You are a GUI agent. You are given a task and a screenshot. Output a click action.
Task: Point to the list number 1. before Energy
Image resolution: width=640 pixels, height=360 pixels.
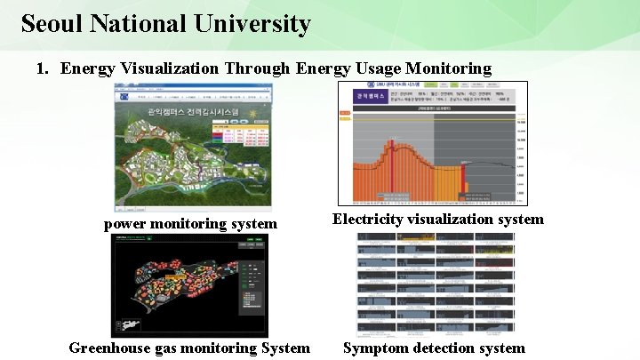click(x=44, y=68)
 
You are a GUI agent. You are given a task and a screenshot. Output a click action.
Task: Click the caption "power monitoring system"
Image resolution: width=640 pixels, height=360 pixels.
click(x=190, y=224)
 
